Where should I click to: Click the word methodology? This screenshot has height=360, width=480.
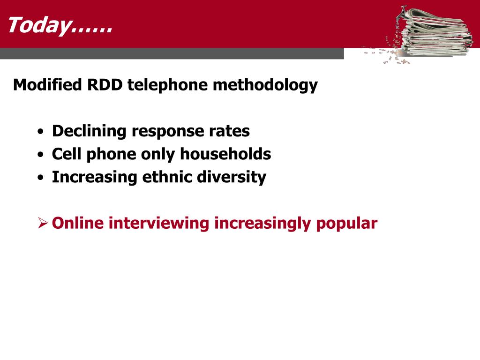[265, 86]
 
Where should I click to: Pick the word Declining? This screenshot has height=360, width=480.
[89, 132]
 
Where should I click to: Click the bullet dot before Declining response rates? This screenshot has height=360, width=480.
[41, 132]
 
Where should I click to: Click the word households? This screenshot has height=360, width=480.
[225, 154]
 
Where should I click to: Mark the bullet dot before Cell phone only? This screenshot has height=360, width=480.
[41, 155]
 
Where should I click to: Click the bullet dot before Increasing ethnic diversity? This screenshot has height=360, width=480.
[41, 178]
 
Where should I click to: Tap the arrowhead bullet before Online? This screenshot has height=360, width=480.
[43, 223]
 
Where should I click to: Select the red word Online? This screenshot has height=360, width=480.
[78, 223]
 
